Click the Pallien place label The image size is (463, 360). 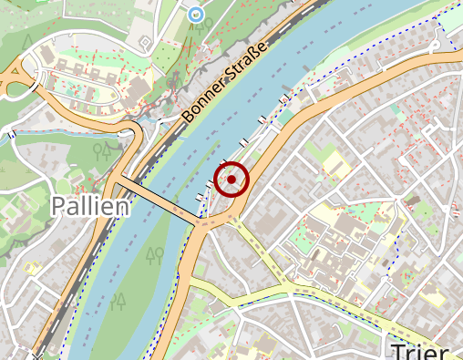point(89,205)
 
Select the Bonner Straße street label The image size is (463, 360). point(224,82)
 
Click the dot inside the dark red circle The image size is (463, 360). point(231,180)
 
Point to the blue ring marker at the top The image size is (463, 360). point(195,14)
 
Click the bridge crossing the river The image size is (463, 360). point(157,200)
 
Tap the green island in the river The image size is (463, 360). point(146,273)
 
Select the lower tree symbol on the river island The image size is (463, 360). point(118,301)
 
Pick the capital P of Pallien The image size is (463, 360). point(59,205)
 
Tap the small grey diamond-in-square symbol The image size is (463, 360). point(144,43)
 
